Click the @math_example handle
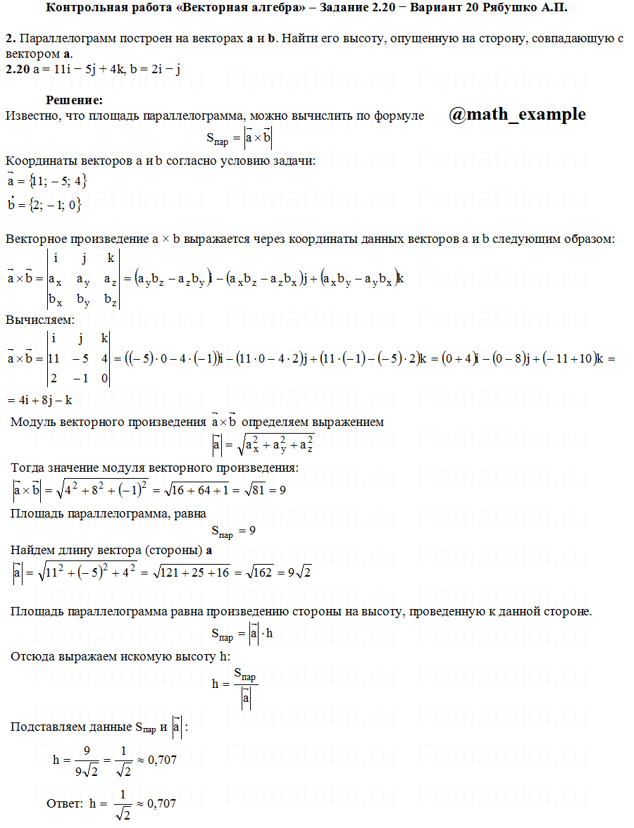516,114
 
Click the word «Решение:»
75,101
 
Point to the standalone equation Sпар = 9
232,529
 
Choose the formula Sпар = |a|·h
242,633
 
